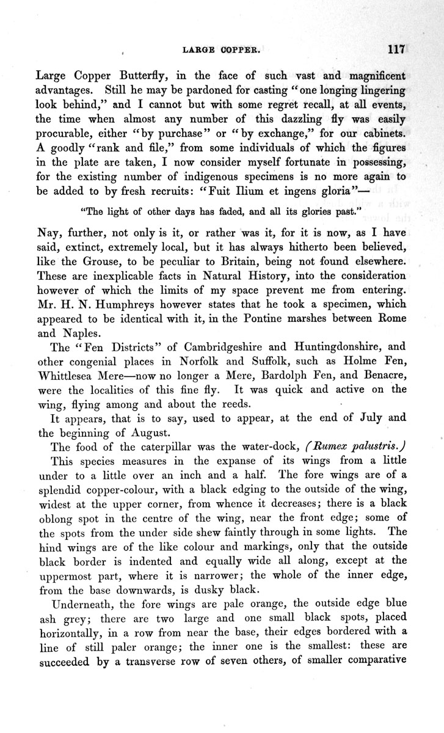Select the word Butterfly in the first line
158,76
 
